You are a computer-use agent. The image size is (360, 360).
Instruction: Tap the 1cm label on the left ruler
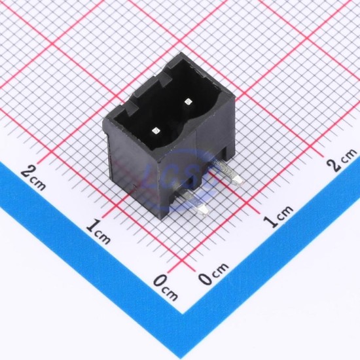(98, 231)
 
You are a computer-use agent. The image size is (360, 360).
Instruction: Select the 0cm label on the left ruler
(166, 287)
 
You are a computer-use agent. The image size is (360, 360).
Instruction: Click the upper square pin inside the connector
(189, 101)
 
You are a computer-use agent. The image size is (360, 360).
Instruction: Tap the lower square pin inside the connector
(155, 131)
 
